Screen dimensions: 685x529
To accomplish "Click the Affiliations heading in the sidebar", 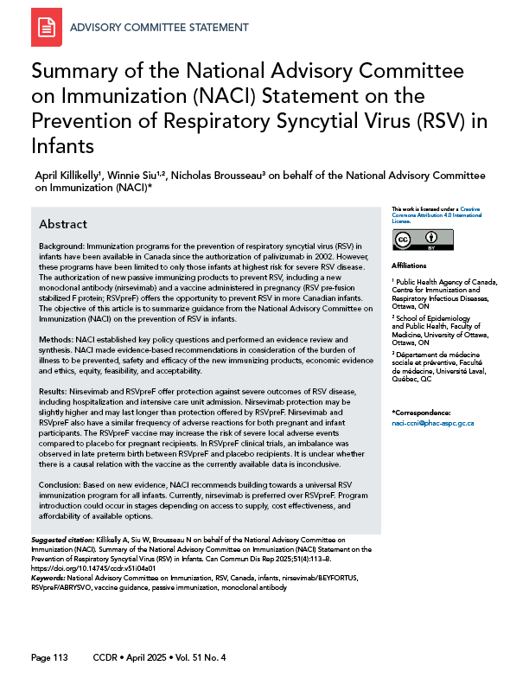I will pos(411,266).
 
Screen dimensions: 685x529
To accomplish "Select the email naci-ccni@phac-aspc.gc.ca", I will pos(434,423).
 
